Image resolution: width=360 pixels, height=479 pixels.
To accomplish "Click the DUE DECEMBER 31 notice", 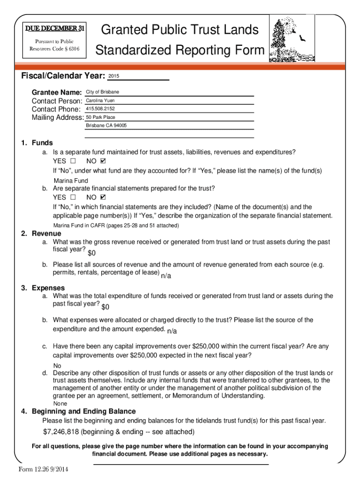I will point(55,29).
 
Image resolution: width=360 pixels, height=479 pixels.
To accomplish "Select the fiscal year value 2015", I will point(114,76).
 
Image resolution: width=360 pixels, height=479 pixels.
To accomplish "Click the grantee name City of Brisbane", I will point(102,92).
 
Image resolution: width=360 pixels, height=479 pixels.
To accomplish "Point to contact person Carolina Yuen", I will point(100,101).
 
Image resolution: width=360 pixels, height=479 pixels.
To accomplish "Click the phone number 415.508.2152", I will point(100,109).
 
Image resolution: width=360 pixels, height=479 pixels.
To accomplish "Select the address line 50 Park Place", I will point(101,117).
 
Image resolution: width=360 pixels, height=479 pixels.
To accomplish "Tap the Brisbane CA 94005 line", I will point(106,126).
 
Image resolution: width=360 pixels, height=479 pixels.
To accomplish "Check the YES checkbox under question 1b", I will point(72,197).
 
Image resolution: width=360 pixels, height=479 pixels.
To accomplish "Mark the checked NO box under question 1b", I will point(103,197).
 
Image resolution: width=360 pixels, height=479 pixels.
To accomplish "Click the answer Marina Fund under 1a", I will point(71,181).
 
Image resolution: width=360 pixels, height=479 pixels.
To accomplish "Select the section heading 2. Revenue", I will point(41,233).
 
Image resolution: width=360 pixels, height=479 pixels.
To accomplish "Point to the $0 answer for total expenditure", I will point(105,307).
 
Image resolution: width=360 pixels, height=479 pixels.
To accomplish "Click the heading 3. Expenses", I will point(43,288).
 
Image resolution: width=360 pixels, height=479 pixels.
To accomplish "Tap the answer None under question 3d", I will point(60,403).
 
